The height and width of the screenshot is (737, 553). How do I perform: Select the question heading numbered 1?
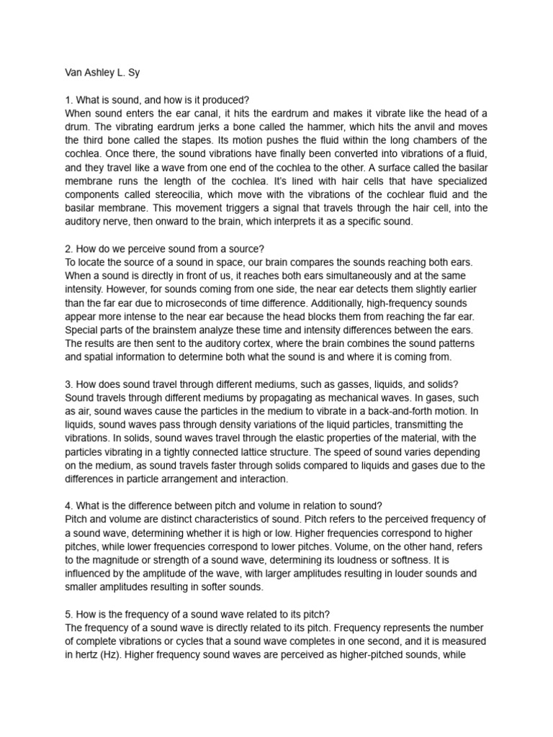point(156,100)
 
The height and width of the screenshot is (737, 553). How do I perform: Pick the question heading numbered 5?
point(197,614)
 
